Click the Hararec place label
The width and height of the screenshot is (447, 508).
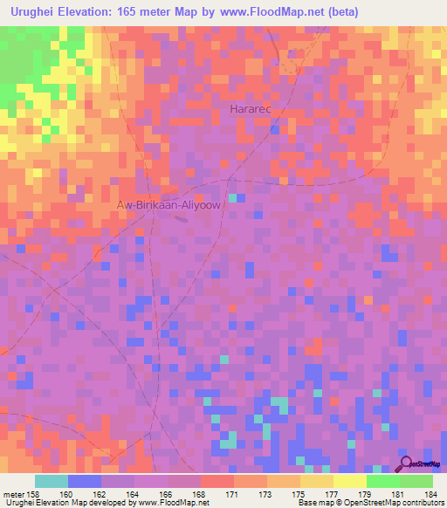251,109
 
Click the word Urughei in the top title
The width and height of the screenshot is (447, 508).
34,11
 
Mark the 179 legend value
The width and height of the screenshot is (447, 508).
367,495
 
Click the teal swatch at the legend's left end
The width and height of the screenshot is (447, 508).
52,481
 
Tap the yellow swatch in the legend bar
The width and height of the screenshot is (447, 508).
350,481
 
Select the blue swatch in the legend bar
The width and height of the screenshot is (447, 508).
85,481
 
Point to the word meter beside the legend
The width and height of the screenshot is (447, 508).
12,495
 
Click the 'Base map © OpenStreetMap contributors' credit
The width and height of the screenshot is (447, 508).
369,504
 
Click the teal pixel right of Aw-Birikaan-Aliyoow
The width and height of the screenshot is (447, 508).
232,199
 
